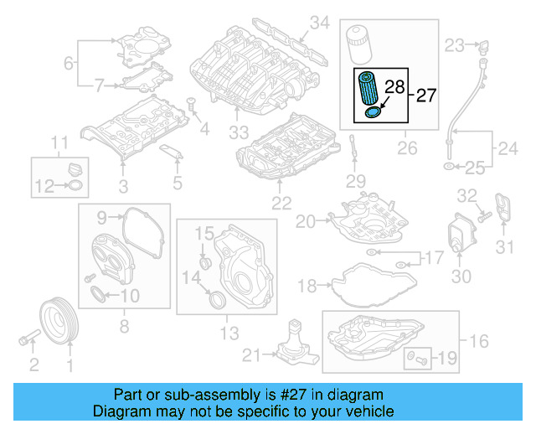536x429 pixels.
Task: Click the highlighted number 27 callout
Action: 425,96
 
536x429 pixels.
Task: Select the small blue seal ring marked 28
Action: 374,112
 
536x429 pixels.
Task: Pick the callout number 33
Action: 240,132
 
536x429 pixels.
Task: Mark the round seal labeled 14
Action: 216,298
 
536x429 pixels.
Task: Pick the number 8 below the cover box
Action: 123,326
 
